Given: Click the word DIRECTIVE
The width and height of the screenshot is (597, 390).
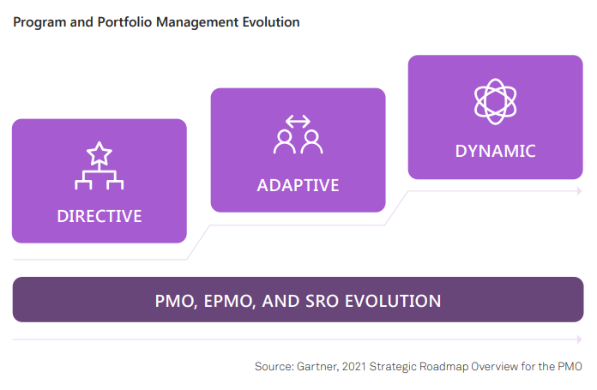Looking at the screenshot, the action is [x=99, y=216].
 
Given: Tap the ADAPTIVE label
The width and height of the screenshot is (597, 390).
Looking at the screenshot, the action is [x=298, y=186].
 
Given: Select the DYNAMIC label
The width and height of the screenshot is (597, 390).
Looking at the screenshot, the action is [x=495, y=151].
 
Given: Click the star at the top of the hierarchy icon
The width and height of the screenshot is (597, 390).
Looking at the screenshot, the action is [x=99, y=153].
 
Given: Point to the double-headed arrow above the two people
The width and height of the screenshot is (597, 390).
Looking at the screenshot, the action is [x=298, y=122].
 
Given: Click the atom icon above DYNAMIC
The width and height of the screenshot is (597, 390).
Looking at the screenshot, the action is [x=495, y=102].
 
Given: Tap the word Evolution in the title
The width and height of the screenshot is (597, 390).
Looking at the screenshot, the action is [x=271, y=22].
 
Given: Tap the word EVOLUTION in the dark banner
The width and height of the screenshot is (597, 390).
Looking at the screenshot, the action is [x=393, y=302].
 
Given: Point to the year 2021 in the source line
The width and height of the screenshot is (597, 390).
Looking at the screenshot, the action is [x=354, y=366].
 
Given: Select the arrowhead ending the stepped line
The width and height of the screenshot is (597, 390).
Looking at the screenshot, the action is [x=580, y=191].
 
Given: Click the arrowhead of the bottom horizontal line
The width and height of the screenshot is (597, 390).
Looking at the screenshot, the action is [x=580, y=339].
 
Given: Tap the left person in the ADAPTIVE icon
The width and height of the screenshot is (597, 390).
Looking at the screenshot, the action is [x=285, y=142].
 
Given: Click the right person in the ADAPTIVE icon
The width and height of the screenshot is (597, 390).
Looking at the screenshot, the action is [x=312, y=142].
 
